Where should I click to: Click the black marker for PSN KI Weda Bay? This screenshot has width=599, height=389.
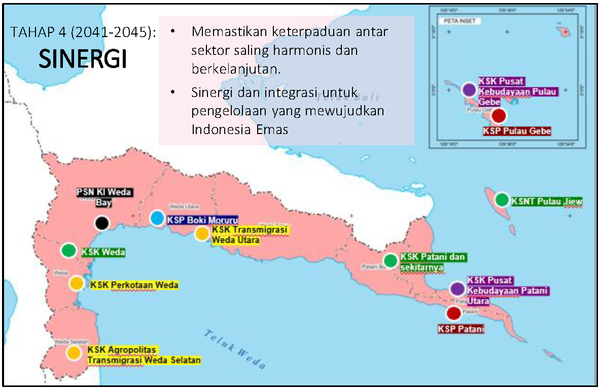(x=102, y=222)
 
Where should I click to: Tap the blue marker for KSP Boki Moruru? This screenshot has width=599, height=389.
(x=157, y=218)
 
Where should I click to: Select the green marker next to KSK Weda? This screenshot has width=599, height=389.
(x=68, y=250)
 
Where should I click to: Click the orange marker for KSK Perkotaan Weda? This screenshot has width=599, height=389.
(x=77, y=283)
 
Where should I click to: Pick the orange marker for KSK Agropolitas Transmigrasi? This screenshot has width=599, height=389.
(x=74, y=352)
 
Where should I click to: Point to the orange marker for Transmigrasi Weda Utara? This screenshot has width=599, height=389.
(x=202, y=234)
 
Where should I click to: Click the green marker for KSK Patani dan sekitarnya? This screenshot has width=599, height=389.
(x=391, y=261)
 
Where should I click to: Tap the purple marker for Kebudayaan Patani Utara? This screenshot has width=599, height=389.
(x=457, y=289)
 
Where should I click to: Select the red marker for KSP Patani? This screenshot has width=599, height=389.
(x=453, y=313)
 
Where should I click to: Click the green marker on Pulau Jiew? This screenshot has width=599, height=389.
(x=502, y=200)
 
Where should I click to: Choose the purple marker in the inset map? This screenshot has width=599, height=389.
(x=470, y=90)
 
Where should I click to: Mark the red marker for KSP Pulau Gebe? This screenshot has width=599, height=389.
(x=499, y=116)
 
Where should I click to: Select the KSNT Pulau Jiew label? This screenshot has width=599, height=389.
(x=547, y=202)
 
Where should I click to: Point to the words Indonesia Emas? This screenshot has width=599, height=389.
(x=240, y=129)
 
